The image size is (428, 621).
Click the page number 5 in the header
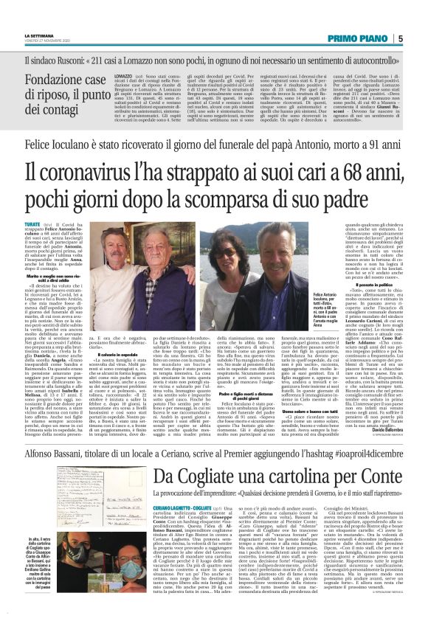click(x=418, y=38)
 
